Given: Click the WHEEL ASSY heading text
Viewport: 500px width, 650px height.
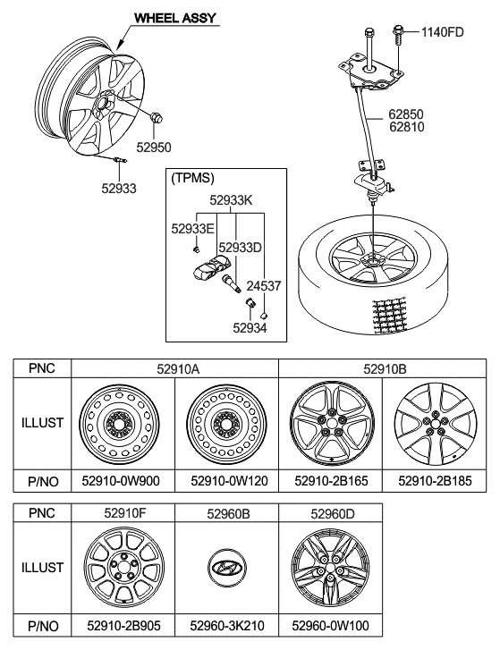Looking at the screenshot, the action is click(175, 18).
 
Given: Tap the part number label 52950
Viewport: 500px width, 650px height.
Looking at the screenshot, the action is click(154, 148).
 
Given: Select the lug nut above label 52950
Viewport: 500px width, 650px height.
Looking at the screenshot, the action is click(157, 117).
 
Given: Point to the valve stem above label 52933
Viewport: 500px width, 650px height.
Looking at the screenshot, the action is click(119, 160).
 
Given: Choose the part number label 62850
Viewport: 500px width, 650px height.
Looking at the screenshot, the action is click(406, 114).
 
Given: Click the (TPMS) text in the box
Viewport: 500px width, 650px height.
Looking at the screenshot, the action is click(193, 178).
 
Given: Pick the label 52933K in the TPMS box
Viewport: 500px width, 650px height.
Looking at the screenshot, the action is click(231, 200).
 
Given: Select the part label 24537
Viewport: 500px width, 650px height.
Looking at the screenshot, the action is click(264, 285).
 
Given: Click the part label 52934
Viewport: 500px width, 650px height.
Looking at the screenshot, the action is click(250, 328).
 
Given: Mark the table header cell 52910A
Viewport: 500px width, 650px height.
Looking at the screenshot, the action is click(178, 368).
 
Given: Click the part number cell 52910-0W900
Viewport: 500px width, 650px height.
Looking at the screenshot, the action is click(121, 481).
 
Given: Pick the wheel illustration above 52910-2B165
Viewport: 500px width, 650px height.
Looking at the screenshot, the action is click(332, 424).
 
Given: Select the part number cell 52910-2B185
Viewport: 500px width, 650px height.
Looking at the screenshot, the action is click(435, 481).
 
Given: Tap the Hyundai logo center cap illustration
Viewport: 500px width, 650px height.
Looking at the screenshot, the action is click(227, 567).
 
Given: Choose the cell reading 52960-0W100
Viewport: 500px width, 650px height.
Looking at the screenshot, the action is click(330, 626).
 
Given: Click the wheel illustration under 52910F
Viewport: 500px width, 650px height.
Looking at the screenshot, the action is click(123, 567).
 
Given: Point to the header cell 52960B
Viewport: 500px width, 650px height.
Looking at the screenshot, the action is click(228, 514).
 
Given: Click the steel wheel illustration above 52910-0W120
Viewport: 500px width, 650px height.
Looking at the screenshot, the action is click(227, 424).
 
